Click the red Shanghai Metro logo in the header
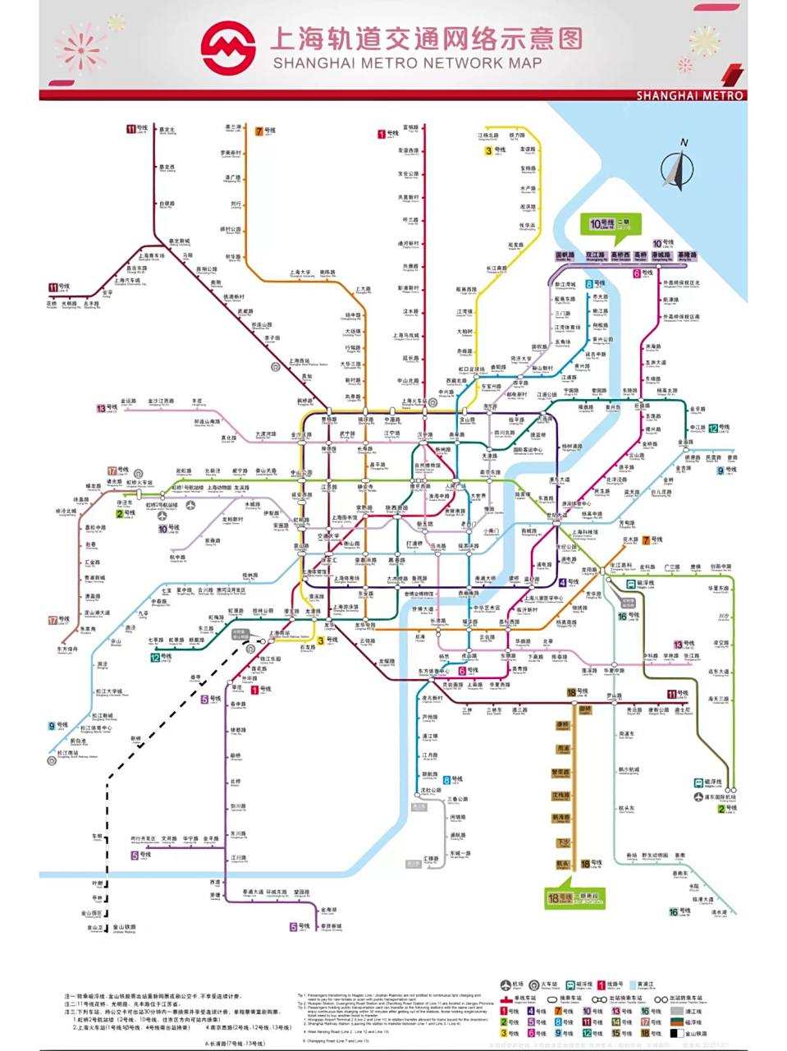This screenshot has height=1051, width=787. pyautogui.click(x=229, y=48)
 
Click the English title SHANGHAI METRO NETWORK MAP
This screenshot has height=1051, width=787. pyautogui.click(x=407, y=63)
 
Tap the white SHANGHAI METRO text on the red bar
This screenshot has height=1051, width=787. pyautogui.click(x=689, y=95)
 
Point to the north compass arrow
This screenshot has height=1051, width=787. pyautogui.click(x=679, y=168)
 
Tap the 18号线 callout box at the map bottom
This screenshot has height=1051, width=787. pyautogui.click(x=574, y=898)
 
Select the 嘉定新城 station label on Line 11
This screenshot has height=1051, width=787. pyautogui.click(x=179, y=242)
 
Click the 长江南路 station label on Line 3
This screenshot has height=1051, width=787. pyautogui.click(x=496, y=268)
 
